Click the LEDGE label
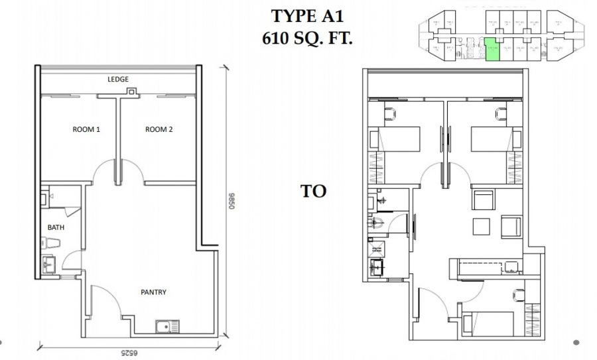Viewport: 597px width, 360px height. coord(118,80)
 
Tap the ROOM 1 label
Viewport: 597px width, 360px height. coord(86,130)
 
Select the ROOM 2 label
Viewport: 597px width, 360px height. coord(159,130)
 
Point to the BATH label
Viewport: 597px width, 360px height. coord(56,227)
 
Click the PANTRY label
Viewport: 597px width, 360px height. coord(153,292)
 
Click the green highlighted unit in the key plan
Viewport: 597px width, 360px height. coord(492,51)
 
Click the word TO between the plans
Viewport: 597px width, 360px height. coord(314,192)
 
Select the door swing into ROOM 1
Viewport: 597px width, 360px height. coord(105,174)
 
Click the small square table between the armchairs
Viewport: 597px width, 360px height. coord(483,226)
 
